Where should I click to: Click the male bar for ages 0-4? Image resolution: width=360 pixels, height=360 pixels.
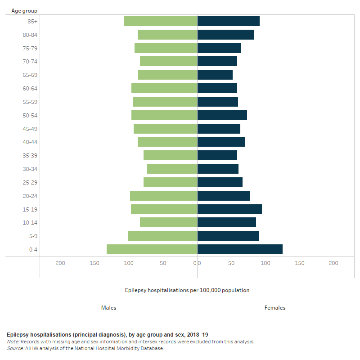click(152, 249)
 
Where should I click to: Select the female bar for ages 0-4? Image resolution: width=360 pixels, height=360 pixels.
click(240, 249)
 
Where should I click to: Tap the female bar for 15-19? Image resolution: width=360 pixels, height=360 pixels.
click(229, 209)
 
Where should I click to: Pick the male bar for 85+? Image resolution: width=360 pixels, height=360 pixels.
click(161, 21)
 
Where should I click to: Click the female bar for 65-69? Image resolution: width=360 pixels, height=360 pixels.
click(215, 75)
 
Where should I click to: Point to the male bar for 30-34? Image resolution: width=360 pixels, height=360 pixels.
click(172, 169)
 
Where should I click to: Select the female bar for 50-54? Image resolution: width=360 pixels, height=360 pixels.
click(222, 115)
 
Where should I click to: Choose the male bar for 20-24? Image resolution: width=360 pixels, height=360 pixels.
click(163, 196)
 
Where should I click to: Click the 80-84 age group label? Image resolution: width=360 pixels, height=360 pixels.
click(30, 35)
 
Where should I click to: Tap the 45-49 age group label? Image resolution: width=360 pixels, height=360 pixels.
click(30, 129)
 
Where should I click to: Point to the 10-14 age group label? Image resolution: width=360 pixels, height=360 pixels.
click(30, 223)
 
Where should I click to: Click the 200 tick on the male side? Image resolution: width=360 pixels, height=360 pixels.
click(60, 263)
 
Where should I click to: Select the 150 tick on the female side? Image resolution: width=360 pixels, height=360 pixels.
click(299, 263)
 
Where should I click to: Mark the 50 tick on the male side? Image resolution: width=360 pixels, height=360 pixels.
click(163, 263)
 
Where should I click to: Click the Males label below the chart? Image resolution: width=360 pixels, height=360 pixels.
click(109, 308)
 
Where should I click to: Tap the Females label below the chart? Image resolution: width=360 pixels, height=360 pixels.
click(275, 308)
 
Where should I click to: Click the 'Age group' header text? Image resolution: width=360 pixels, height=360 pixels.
click(24, 10)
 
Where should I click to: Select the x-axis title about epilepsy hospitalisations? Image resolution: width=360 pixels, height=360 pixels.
click(187, 290)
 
